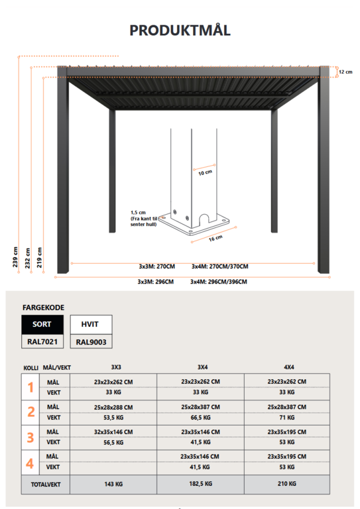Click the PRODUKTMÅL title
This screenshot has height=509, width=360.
click(180, 30)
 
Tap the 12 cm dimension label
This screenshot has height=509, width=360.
click(345, 72)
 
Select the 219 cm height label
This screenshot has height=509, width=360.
click(40, 254)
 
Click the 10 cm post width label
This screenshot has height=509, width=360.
click(206, 172)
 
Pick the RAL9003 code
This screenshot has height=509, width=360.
click(90, 342)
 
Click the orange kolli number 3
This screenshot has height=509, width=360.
click(30, 437)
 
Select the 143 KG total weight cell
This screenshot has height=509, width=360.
click(113, 484)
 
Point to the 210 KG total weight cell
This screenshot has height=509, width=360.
click(288, 484)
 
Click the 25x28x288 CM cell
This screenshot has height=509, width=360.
click(113, 407)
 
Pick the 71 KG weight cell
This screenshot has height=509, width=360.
click(288, 418)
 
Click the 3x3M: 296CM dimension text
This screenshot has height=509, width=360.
click(156, 282)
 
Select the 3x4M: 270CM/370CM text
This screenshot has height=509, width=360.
click(219, 266)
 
